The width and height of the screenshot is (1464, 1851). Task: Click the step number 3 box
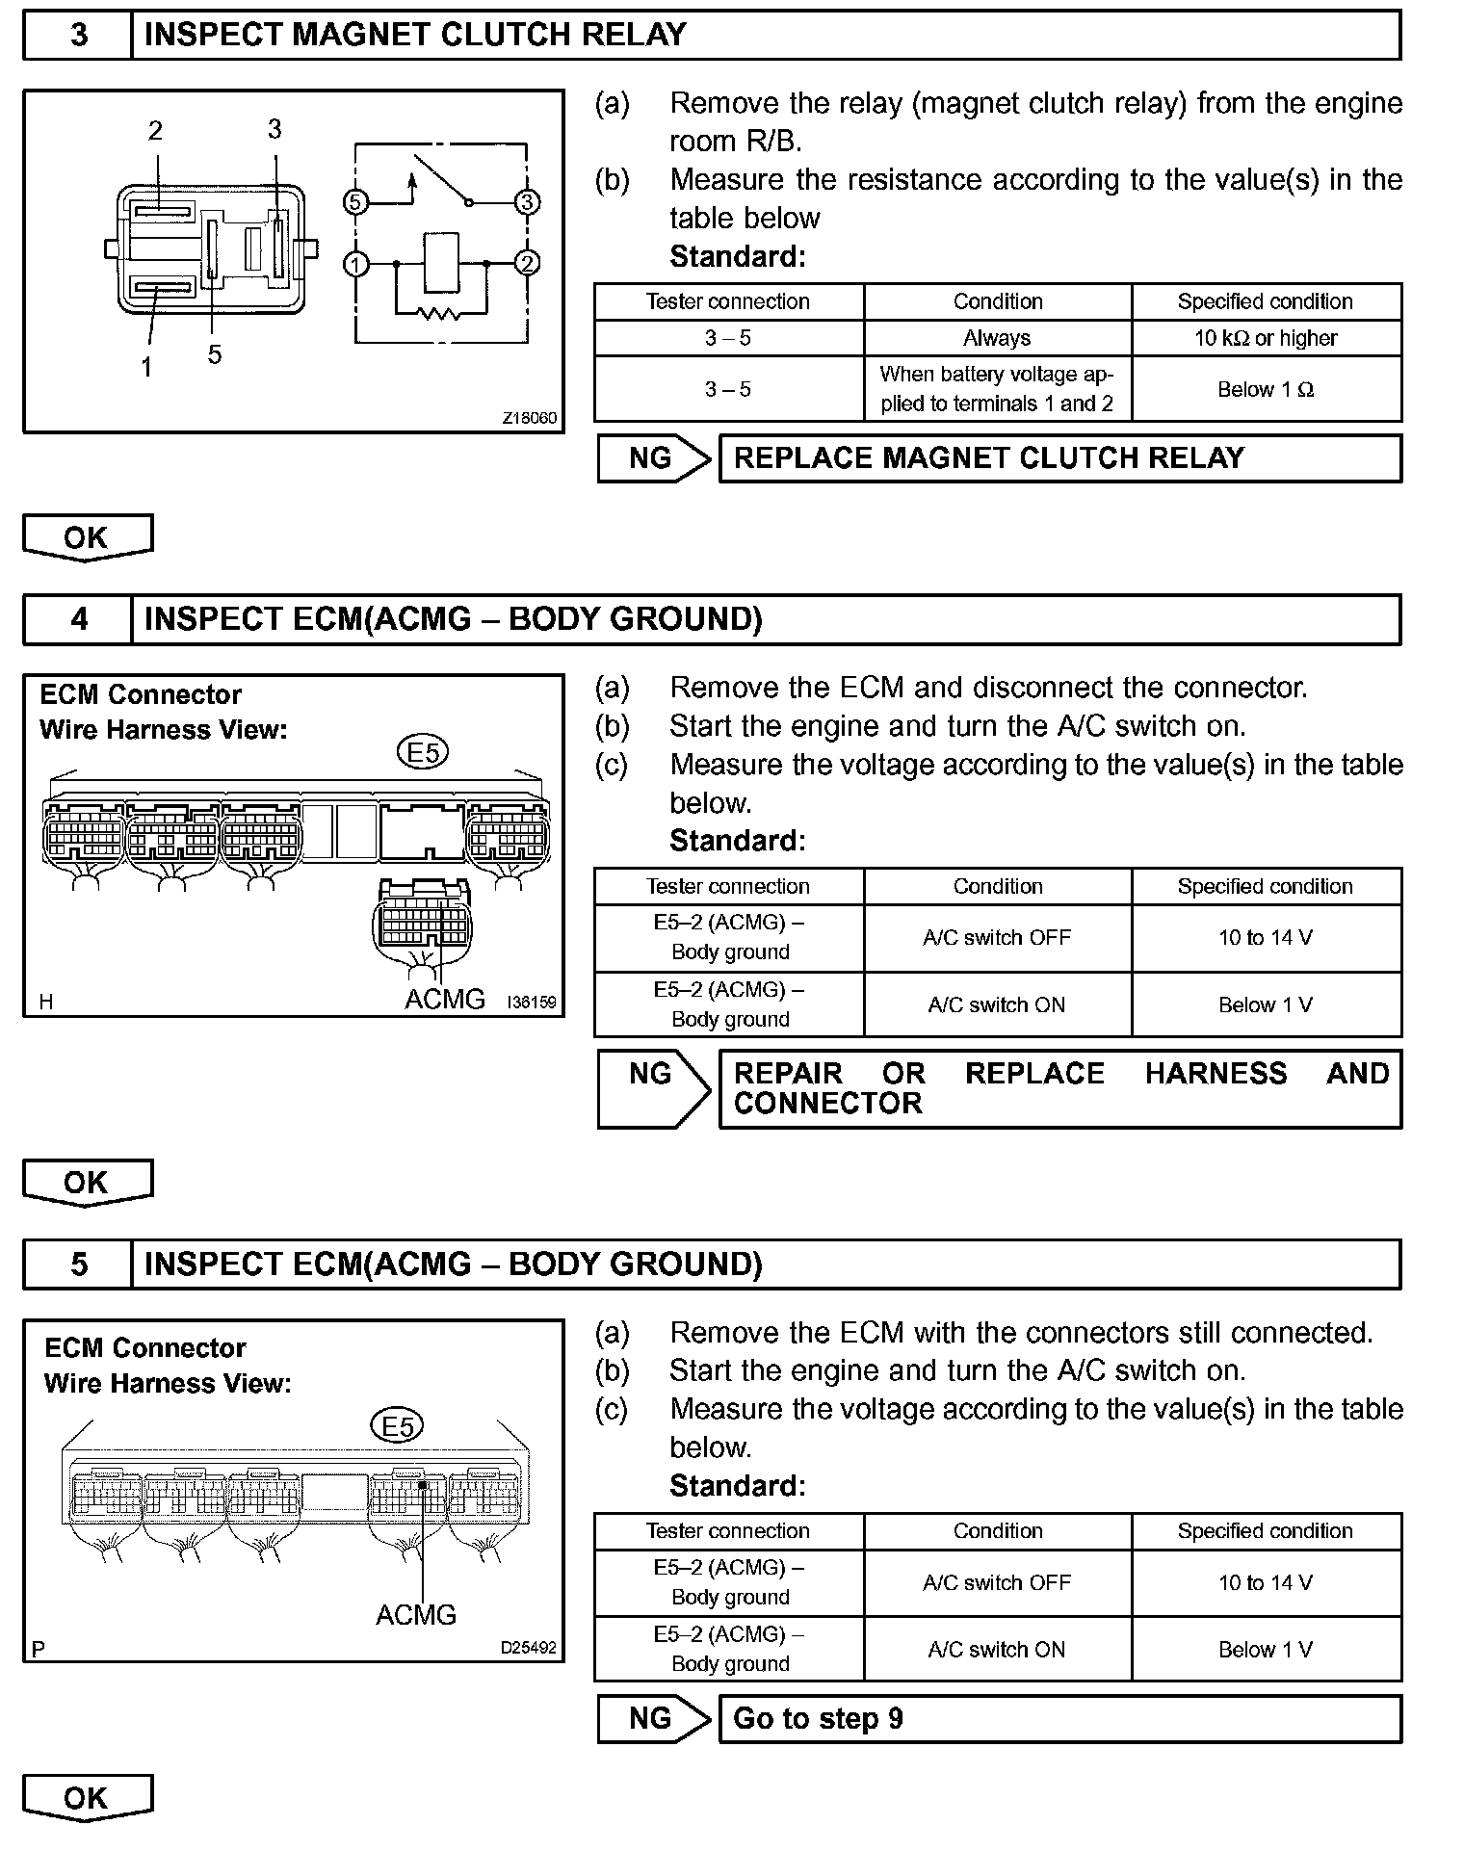78,35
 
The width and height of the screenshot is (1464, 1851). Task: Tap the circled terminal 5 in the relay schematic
355,202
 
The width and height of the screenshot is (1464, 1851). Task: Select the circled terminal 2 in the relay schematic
527,263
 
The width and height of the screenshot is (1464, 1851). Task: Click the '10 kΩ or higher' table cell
1266,338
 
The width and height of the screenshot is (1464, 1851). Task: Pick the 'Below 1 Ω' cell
1266,389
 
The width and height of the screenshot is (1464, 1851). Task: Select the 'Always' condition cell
997,338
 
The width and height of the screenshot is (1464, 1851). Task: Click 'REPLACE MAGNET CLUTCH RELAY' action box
1059,458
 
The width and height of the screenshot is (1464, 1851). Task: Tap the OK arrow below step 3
87,537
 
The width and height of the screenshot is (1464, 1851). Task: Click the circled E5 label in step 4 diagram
424,752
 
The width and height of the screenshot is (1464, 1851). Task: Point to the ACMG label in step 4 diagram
445,1000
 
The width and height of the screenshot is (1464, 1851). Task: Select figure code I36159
531,1003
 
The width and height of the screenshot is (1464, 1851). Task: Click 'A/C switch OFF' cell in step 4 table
997,938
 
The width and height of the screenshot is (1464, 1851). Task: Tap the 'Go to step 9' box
1059,1719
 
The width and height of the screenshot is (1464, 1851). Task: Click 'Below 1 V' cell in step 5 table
1266,1650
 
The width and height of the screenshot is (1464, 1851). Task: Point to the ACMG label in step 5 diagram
416,1615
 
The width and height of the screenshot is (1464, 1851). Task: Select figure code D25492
528,1648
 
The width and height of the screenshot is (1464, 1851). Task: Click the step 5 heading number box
78,1264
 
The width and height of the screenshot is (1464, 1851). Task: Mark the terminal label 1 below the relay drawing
146,367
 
